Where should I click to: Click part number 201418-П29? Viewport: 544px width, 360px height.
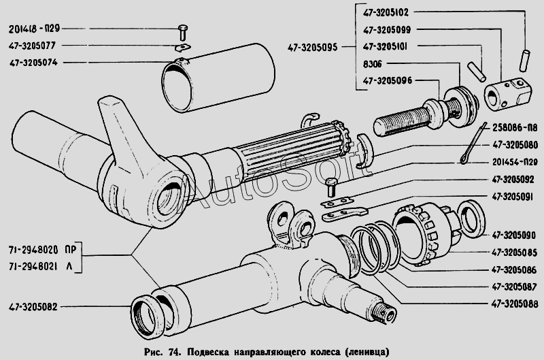(x=35, y=29)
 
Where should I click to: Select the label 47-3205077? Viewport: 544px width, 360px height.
(x=32, y=46)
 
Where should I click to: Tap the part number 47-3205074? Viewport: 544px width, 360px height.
(x=33, y=63)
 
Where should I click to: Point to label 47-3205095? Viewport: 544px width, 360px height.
(x=312, y=47)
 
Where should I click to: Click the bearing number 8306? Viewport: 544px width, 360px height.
(x=372, y=64)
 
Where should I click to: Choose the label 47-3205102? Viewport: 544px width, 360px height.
(x=386, y=13)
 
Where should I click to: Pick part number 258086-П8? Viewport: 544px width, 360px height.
(x=515, y=128)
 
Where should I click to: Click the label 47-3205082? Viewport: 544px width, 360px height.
(x=33, y=307)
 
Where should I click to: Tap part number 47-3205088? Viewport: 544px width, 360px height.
(x=515, y=304)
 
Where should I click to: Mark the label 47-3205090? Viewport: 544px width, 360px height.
(x=514, y=235)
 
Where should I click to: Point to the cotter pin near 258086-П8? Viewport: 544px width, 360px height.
(x=474, y=143)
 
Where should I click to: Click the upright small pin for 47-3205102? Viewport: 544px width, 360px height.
(x=524, y=61)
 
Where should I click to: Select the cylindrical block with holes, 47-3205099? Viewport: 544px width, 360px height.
(x=507, y=94)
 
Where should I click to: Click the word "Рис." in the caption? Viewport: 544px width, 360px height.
(x=153, y=352)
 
